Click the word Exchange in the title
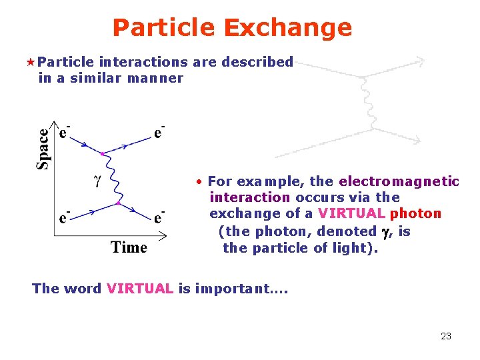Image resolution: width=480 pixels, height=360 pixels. [287, 28]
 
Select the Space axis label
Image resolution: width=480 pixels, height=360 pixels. [43, 148]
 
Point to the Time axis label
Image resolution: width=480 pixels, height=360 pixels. [129, 247]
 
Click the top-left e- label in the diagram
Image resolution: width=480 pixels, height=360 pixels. [64, 132]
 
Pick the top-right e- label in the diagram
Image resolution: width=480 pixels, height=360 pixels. [159, 132]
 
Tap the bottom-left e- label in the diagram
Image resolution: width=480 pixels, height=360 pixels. [64, 217]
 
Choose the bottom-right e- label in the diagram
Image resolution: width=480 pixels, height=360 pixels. [159, 217]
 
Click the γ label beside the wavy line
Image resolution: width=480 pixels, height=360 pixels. [96, 180]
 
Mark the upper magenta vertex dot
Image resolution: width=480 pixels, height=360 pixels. [102, 154]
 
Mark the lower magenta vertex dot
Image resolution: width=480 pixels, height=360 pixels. [118, 202]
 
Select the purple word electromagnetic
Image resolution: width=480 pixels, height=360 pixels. [399, 181]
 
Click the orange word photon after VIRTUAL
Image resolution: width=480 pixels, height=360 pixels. [415, 213]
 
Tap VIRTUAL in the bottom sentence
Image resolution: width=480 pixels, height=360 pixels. [139, 289]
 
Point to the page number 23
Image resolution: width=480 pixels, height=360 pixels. [446, 336]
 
